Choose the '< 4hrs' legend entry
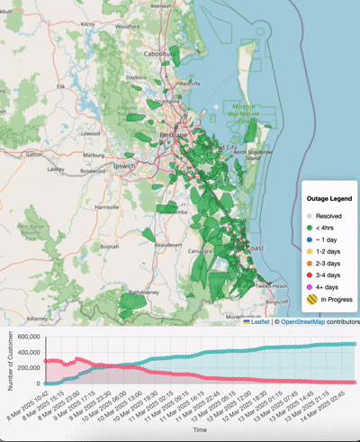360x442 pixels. pos(325,229)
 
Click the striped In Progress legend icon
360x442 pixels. pos(310,300)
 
